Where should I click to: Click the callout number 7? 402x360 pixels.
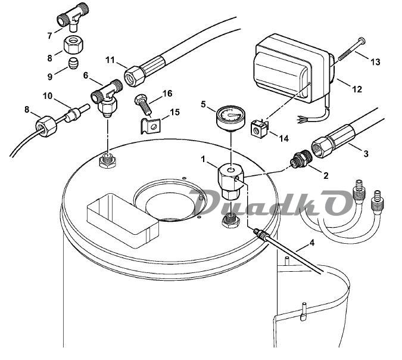pos(50,35)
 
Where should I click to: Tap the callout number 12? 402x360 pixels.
pos(357,89)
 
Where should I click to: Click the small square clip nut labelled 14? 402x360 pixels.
pos(259,129)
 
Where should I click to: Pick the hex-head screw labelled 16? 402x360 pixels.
pos(142,105)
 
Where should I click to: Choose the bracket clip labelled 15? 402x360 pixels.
pos(151,126)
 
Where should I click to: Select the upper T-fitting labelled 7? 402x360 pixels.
pos(73,18)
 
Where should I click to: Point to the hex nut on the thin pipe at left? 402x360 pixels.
pos(46,126)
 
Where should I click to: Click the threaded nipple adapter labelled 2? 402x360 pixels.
pos(301,160)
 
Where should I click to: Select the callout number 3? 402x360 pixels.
pos(366,153)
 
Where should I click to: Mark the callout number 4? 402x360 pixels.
pos(311,242)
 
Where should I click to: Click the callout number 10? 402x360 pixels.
pos(48,96)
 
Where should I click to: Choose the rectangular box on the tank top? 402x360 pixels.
pos(123,221)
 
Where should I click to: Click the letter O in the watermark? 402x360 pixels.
pos(338,203)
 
